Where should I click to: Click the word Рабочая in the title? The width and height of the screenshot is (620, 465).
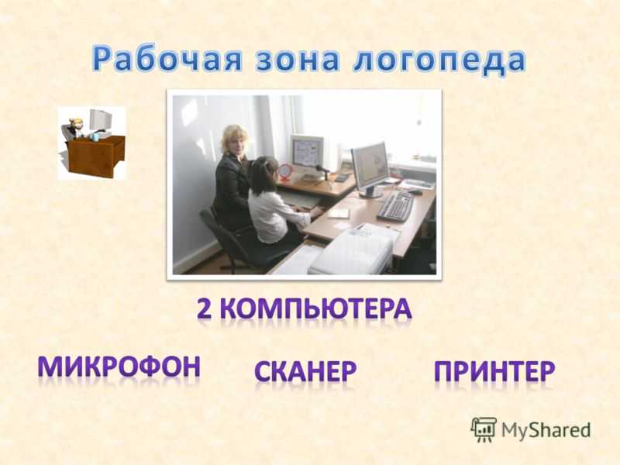tap(167, 60)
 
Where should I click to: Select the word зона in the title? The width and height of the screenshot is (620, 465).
tap(298, 60)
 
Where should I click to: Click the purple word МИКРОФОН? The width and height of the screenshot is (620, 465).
tap(119, 367)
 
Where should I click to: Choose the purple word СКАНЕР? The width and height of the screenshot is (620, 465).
tap(305, 371)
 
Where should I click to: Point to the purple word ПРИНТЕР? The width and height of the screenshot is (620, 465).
tap(494, 371)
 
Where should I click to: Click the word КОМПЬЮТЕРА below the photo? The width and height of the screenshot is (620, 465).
tap(315, 308)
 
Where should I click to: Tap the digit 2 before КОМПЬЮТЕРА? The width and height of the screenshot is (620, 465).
tap(205, 308)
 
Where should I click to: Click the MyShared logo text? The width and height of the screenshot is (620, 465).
tap(546, 430)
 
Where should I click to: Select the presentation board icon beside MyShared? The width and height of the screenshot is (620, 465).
tap(484, 429)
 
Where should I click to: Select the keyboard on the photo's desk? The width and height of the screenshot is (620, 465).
tap(395, 205)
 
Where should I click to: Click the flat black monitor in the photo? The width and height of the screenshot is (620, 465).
tap(370, 168)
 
